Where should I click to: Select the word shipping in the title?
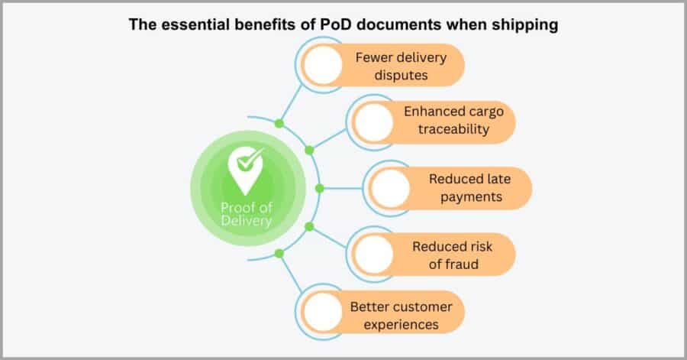pyautogui.click(x=527, y=24)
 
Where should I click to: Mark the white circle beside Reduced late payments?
pyautogui.click(x=390, y=188)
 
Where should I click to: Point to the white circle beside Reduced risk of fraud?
pyautogui.click(x=373, y=254)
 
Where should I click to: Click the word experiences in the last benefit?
pyautogui.click(x=402, y=324)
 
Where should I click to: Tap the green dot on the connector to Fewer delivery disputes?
pyautogui.click(x=279, y=123)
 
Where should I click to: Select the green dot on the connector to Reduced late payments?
pyautogui.click(x=319, y=188)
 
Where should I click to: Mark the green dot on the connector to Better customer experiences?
pyautogui.click(x=279, y=253)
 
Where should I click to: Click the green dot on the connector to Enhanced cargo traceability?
pyautogui.click(x=308, y=149)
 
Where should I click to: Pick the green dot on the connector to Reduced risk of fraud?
pyautogui.click(x=308, y=227)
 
